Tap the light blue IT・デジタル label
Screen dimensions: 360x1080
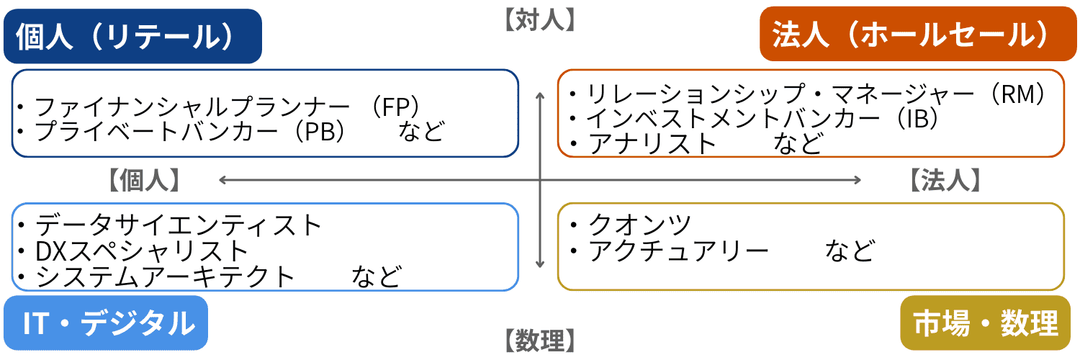coord(106,323)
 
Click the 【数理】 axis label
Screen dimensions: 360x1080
coord(539,341)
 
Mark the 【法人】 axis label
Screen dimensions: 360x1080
coord(944,180)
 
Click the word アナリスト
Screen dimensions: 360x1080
coord(652,144)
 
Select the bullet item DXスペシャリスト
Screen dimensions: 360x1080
coord(142,251)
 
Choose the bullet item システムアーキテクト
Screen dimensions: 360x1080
coord(166,276)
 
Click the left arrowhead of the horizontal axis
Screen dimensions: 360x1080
coord(222,180)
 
